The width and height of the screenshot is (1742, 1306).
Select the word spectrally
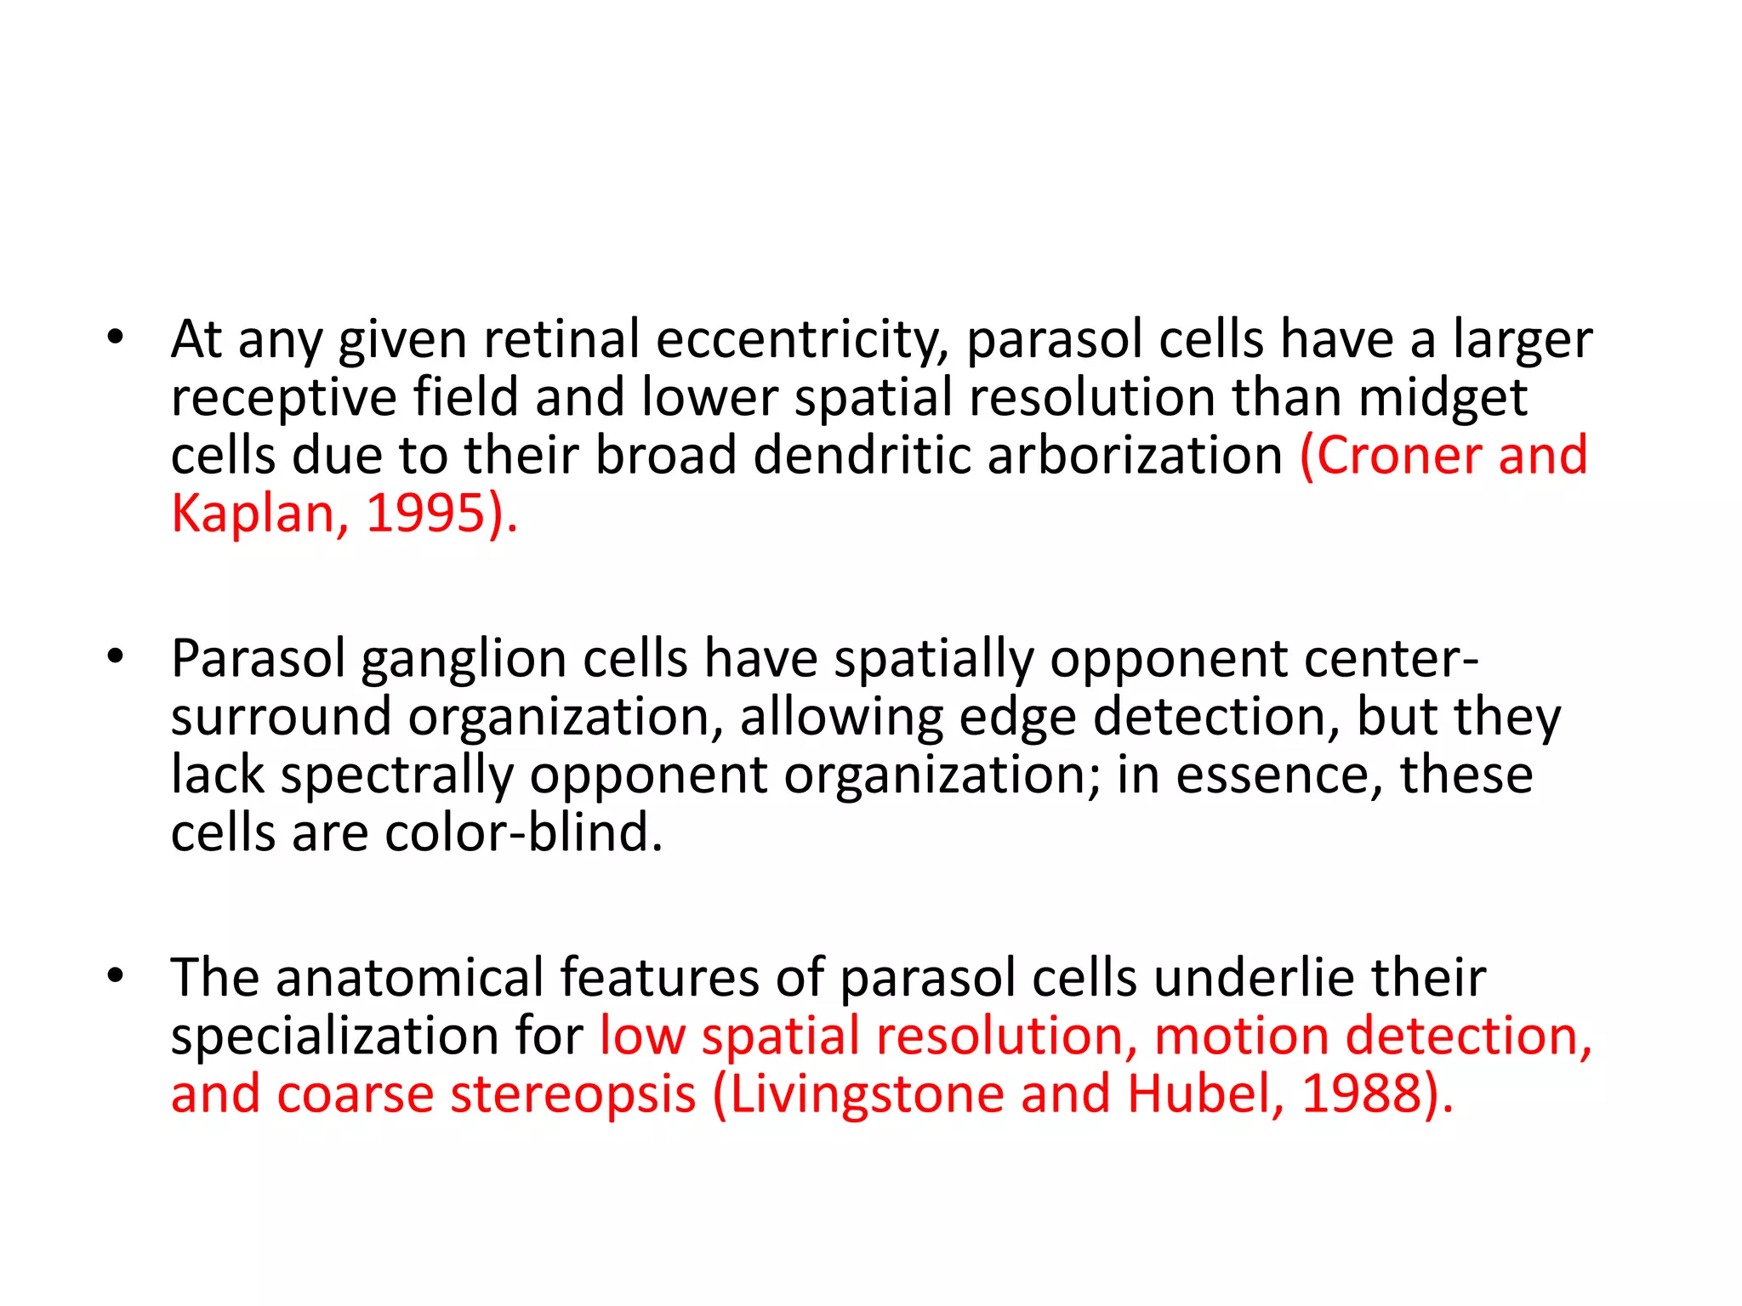pyautogui.click(x=396, y=775)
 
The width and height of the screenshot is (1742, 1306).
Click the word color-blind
pyautogui.click(x=522, y=833)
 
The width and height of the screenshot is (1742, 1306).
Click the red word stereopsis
pyautogui.click(x=573, y=1095)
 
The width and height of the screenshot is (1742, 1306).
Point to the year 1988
pyautogui.click(x=1363, y=1095)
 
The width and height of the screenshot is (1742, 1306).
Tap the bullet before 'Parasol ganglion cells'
pyautogui.click(x=116, y=657)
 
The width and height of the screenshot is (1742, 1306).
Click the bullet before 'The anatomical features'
pyautogui.click(x=116, y=976)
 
